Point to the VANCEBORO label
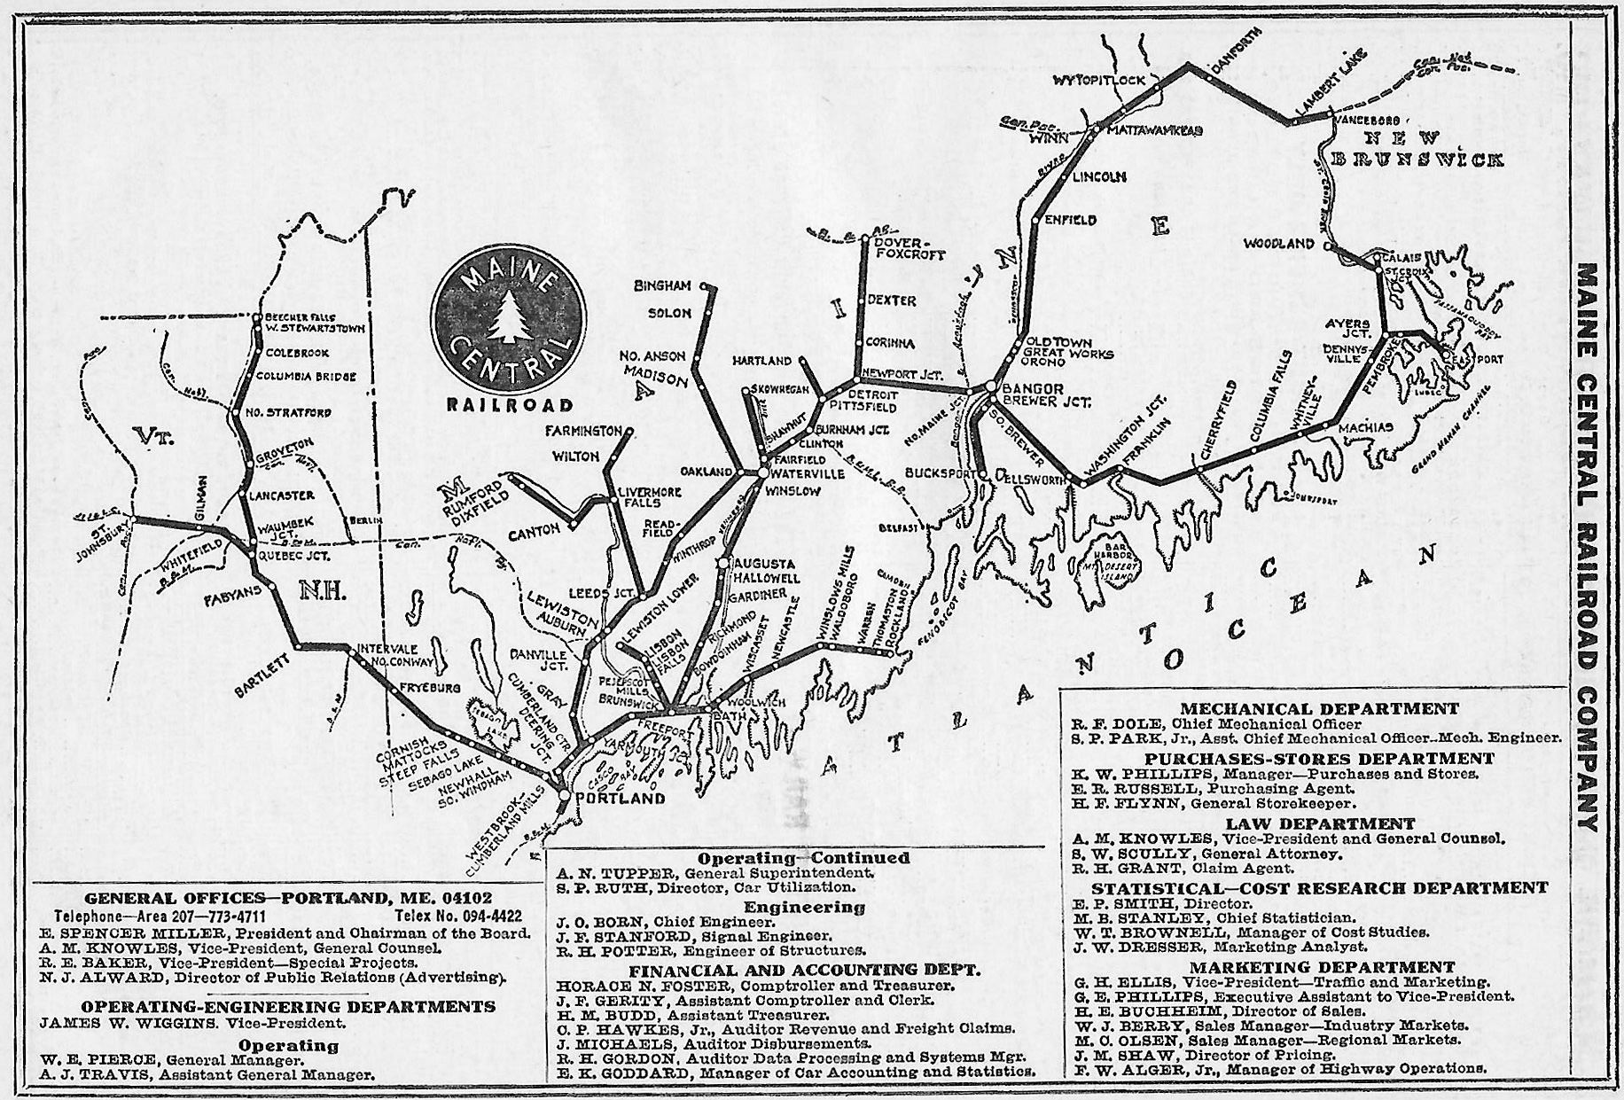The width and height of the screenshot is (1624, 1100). click(x=1366, y=120)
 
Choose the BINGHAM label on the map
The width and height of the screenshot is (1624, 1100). click(x=662, y=286)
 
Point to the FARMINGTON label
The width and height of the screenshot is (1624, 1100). click(x=584, y=432)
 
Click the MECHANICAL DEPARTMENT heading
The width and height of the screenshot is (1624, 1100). click(x=1319, y=708)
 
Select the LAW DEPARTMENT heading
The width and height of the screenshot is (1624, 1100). click(x=1320, y=823)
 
